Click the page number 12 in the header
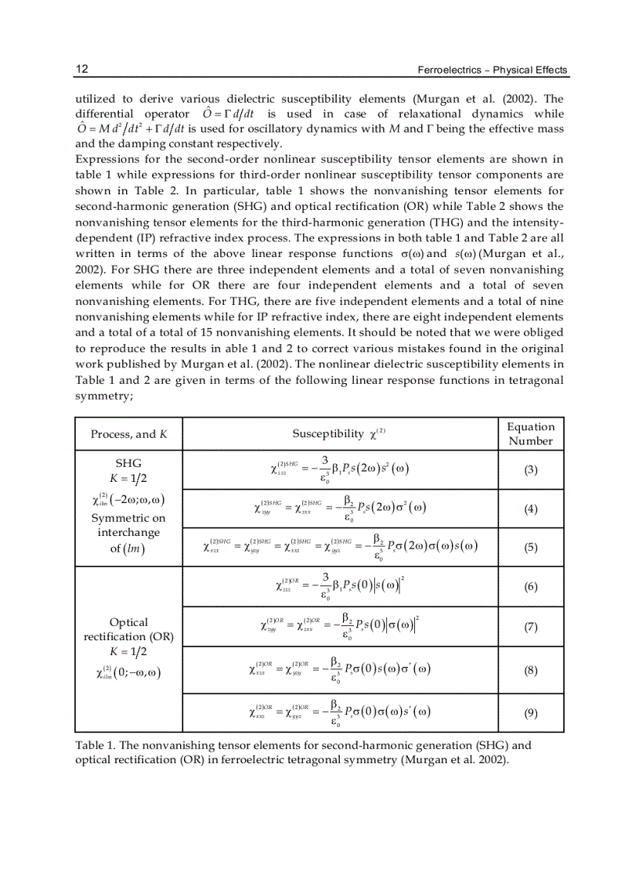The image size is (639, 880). click(x=81, y=70)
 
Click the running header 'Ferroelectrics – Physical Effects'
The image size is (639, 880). click(x=493, y=71)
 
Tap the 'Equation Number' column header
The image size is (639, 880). click(x=530, y=433)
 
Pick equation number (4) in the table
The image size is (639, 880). click(x=530, y=509)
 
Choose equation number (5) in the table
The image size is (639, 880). click(x=530, y=548)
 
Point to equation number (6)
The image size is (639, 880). click(x=530, y=586)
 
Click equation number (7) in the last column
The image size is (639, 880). click(x=530, y=627)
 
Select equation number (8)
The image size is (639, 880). click(x=530, y=670)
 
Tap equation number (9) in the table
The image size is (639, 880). click(x=530, y=712)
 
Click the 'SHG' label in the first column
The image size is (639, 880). click(x=128, y=464)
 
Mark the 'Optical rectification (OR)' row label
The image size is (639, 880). click(x=128, y=629)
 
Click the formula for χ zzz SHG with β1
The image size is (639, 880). click(x=340, y=470)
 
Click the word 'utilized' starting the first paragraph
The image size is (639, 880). click(x=94, y=99)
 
